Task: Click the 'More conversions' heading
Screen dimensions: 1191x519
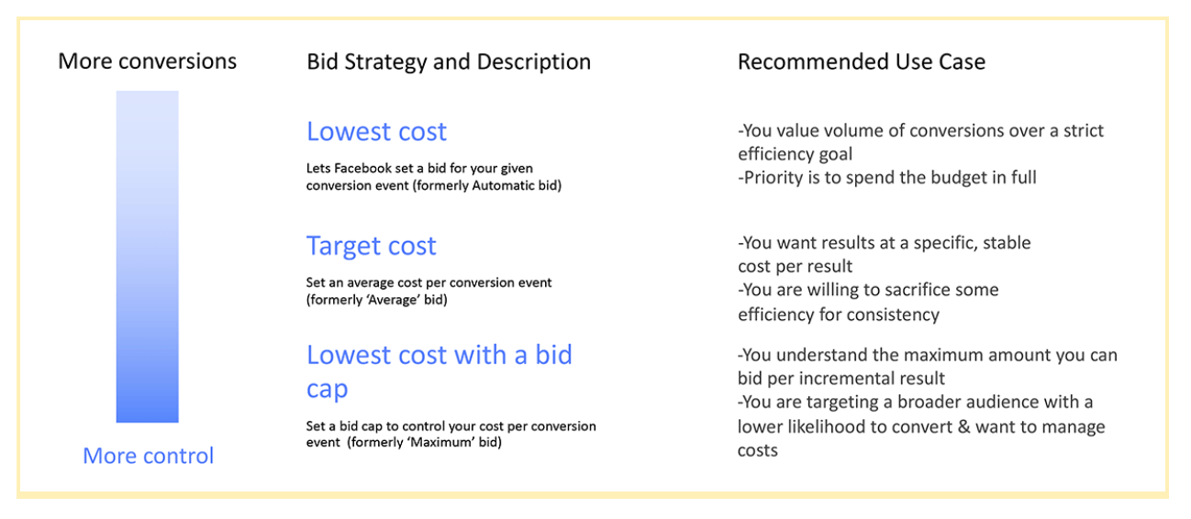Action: [x=148, y=61]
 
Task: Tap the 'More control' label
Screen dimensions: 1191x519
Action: [x=149, y=456]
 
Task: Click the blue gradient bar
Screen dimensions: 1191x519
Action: [x=148, y=257]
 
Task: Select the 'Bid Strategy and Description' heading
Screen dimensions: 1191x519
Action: [x=449, y=62]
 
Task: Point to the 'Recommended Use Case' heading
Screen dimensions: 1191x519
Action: [x=862, y=61]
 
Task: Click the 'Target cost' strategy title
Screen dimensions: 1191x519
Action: [x=371, y=246]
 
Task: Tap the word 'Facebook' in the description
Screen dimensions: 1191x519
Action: [x=363, y=169]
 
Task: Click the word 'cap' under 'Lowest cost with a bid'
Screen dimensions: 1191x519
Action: [x=327, y=390]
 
